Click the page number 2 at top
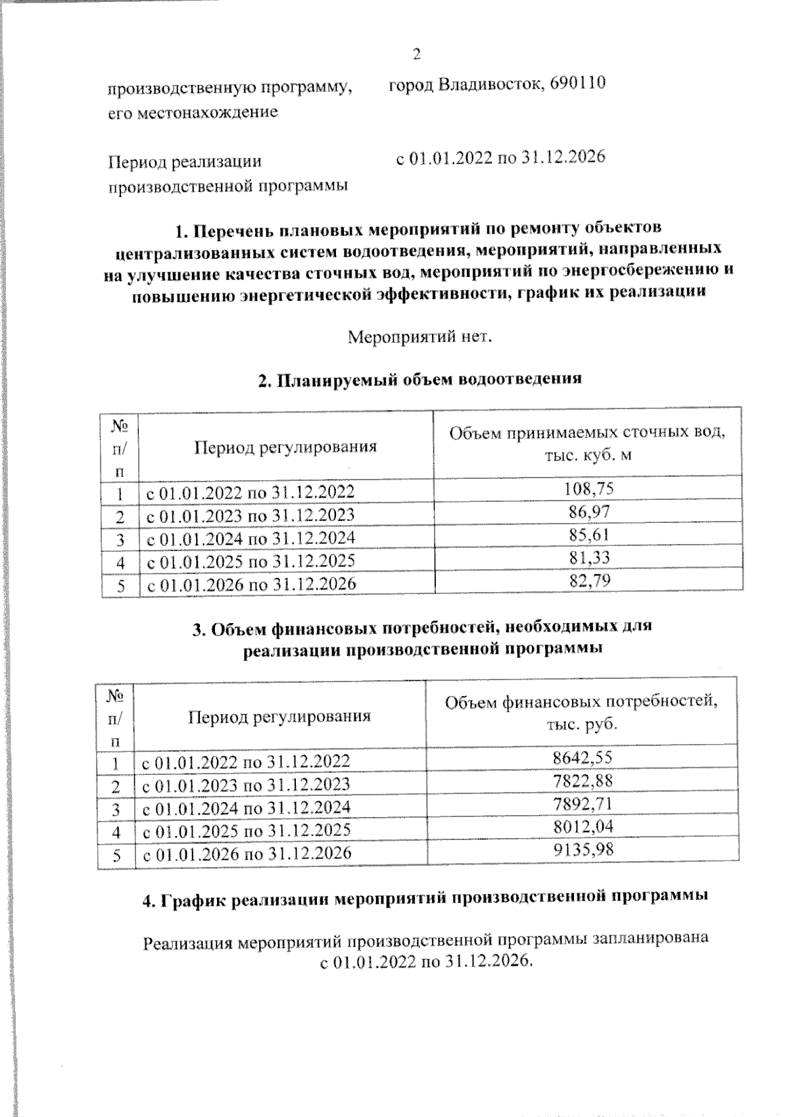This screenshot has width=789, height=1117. (x=416, y=53)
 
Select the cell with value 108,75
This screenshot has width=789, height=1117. (x=588, y=489)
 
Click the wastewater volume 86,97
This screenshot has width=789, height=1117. (x=588, y=512)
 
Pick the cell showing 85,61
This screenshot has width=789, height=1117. (x=588, y=534)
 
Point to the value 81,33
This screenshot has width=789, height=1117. (x=588, y=558)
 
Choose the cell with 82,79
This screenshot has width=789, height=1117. (x=588, y=581)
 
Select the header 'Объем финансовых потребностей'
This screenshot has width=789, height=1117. (x=582, y=702)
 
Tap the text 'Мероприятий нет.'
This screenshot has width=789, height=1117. (x=419, y=337)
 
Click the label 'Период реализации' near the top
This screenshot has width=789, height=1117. (x=185, y=161)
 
